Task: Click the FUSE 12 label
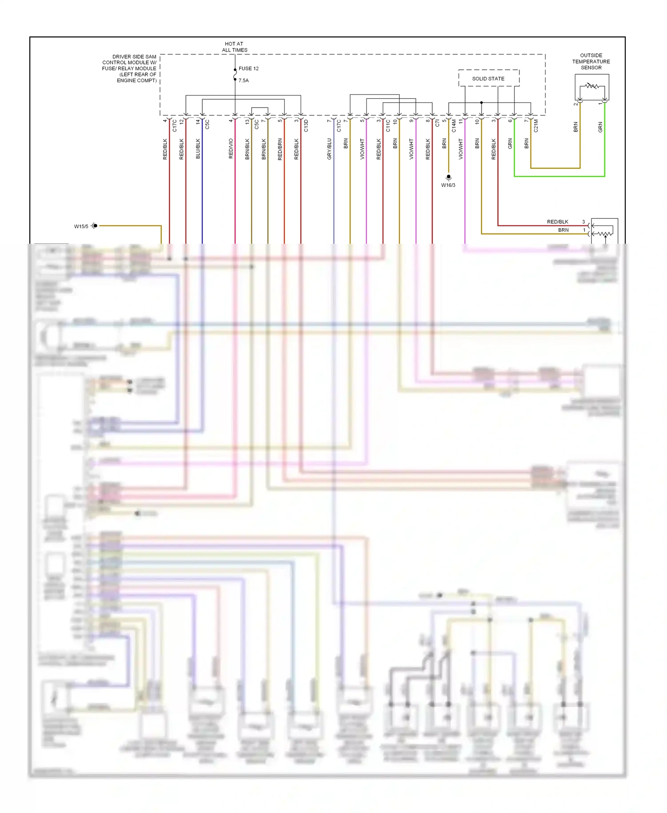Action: (x=248, y=68)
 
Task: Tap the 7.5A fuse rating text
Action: (x=244, y=80)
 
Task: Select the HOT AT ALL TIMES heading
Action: (x=234, y=47)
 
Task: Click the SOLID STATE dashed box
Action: (x=488, y=78)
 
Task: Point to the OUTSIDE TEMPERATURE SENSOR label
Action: (x=591, y=62)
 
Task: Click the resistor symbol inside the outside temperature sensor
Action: (x=592, y=85)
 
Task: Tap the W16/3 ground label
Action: (x=448, y=185)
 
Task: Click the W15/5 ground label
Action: (x=81, y=226)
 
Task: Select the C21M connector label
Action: (x=536, y=126)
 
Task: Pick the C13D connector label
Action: (x=306, y=126)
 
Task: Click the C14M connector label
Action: (x=454, y=126)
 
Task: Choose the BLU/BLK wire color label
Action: (x=198, y=149)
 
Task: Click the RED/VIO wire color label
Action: (x=231, y=149)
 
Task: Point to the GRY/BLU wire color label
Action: (x=329, y=149)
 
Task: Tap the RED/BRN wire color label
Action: (x=280, y=149)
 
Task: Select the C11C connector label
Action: (x=388, y=126)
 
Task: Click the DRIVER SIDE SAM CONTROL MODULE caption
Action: (x=130, y=68)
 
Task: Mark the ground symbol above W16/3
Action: (x=448, y=177)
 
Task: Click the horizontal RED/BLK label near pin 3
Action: (x=557, y=221)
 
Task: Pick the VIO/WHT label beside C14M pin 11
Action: (x=461, y=149)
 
